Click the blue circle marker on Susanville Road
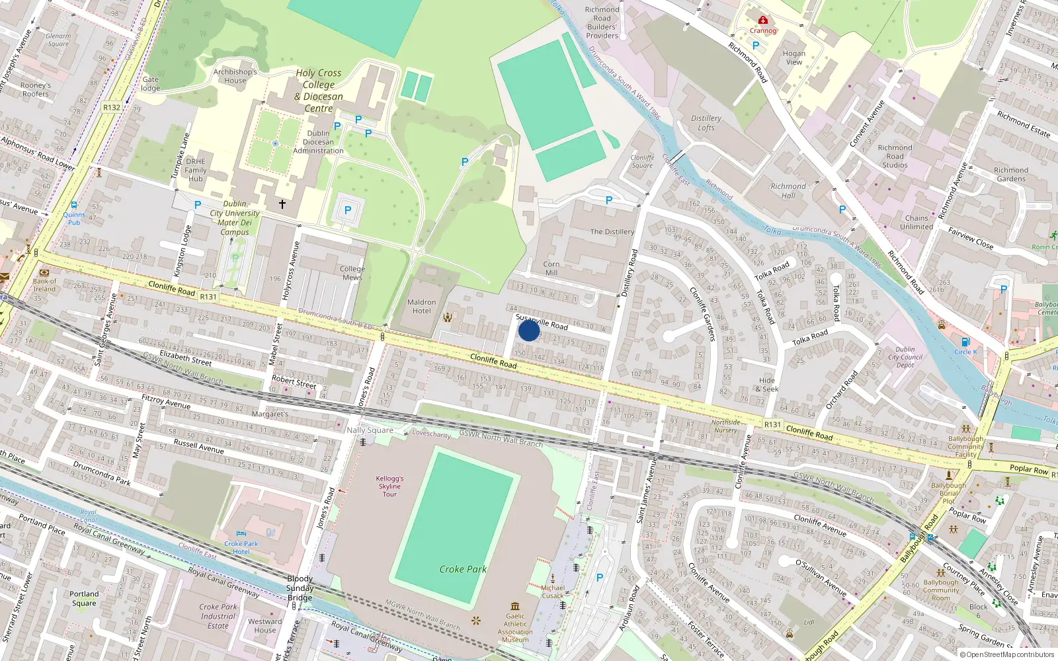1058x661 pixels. (529, 330)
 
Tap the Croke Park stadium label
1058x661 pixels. (463, 569)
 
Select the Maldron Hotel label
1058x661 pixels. (421, 306)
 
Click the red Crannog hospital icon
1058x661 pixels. (763, 20)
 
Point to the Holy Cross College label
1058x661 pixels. (319, 91)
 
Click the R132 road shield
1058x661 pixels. (112, 107)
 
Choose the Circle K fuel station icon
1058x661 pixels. (965, 342)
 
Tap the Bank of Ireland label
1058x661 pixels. (44, 285)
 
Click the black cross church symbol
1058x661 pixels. (282, 204)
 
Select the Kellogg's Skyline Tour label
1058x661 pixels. (389, 486)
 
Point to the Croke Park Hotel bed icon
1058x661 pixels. (241, 534)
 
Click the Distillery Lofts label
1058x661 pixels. (706, 123)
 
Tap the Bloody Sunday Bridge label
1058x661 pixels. (300, 588)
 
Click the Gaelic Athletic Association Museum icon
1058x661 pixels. (515, 605)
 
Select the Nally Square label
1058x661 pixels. (370, 430)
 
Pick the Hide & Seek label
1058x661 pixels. (767, 385)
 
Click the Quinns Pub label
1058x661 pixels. (74, 218)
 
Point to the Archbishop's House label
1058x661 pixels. (235, 76)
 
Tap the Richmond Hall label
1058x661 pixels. (788, 190)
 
